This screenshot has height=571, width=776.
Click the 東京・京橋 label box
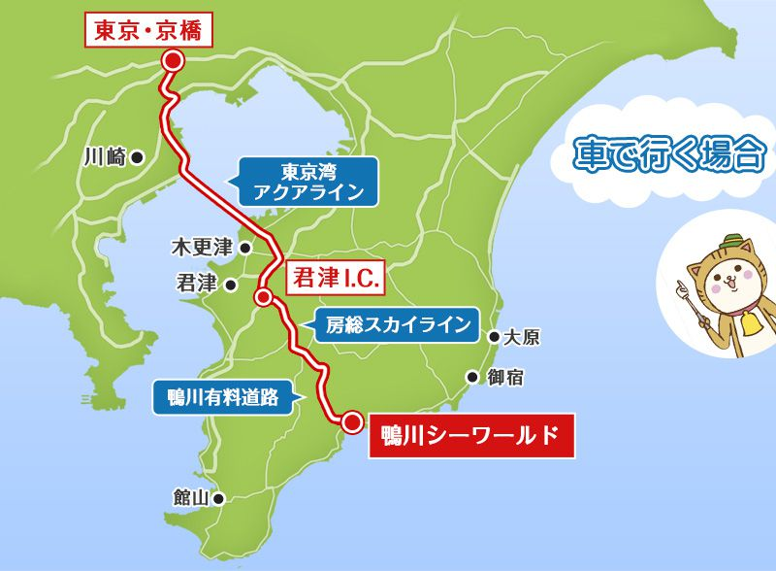point(146,30)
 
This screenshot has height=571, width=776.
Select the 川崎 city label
point(105,155)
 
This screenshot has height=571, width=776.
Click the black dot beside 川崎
point(138,155)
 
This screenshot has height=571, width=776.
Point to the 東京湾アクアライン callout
point(301,181)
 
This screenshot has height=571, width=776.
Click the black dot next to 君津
point(231,285)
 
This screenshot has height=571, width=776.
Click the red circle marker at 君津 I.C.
point(262,298)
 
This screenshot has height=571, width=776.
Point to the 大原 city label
point(523,338)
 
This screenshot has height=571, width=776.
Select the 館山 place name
point(190,498)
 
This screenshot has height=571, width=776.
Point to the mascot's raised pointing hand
point(682,286)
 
